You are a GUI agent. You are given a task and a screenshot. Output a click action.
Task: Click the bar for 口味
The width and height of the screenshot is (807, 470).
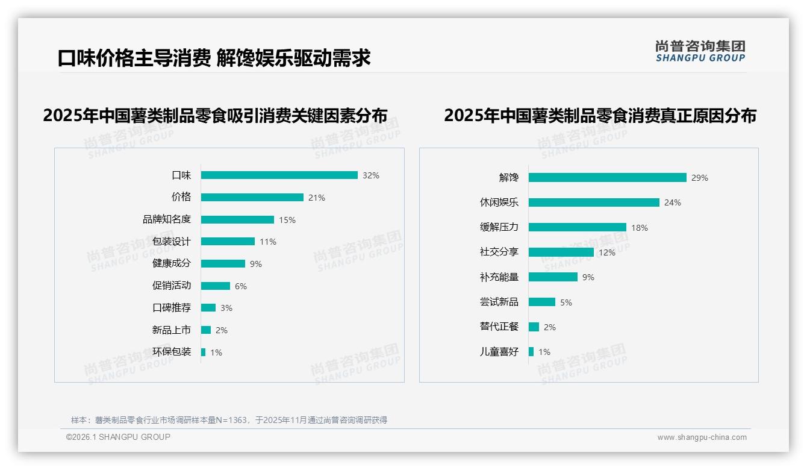click(279, 175)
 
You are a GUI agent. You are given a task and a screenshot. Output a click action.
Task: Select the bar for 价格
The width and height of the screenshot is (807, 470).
click(252, 198)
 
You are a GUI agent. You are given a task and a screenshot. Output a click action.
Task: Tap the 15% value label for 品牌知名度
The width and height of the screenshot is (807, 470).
click(287, 220)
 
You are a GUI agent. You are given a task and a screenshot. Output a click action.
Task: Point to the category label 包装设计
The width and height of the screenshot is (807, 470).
click(172, 242)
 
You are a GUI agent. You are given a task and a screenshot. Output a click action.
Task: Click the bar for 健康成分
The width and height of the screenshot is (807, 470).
click(223, 264)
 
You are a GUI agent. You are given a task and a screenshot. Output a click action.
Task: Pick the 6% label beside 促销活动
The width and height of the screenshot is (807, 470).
click(241, 286)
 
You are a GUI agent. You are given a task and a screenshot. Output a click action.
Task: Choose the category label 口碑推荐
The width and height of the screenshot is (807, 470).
click(172, 308)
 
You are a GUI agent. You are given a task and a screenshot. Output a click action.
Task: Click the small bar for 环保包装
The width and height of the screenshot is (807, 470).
click(204, 352)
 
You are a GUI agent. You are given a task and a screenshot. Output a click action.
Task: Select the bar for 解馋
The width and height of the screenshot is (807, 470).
click(608, 178)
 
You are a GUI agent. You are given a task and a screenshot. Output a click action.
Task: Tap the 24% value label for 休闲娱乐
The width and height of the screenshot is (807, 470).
click(673, 203)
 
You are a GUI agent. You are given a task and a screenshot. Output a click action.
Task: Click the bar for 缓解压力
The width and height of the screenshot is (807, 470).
click(578, 228)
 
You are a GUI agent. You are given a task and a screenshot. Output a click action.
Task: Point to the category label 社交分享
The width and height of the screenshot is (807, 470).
click(499, 252)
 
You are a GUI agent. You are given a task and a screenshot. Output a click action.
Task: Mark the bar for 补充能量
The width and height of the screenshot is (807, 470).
click(553, 277)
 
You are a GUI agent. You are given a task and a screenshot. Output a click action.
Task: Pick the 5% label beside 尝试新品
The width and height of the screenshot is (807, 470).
click(566, 302)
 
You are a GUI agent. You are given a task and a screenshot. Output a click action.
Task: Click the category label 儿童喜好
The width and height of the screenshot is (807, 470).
click(499, 352)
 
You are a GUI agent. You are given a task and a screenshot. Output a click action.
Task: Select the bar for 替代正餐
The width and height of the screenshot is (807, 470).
click(534, 327)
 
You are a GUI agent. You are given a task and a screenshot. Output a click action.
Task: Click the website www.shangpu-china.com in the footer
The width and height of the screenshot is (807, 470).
click(702, 437)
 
